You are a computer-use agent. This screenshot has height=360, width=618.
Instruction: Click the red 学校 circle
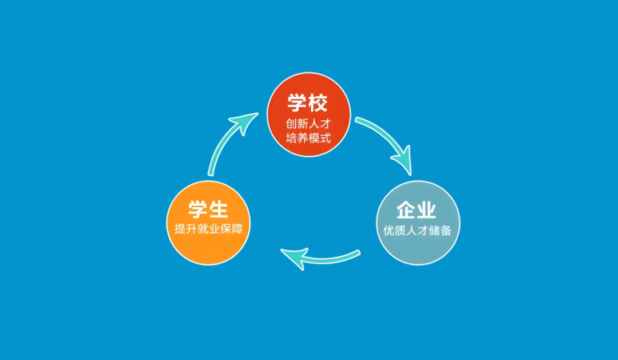309,114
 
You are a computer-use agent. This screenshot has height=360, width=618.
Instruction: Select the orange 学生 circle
208,223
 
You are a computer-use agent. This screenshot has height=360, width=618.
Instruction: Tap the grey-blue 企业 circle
418,223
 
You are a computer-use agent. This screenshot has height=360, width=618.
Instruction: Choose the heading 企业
416,210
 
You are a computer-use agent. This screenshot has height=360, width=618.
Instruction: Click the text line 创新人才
308,124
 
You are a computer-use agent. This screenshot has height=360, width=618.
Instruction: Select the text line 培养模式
308,138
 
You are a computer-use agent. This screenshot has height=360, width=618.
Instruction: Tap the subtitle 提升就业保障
208,229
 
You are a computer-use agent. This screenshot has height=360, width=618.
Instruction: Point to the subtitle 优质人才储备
417,231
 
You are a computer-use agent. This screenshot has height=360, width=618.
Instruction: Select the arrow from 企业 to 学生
321,259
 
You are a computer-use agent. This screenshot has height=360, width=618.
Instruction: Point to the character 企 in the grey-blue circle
406,210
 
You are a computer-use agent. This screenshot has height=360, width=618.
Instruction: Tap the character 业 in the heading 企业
427,210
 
